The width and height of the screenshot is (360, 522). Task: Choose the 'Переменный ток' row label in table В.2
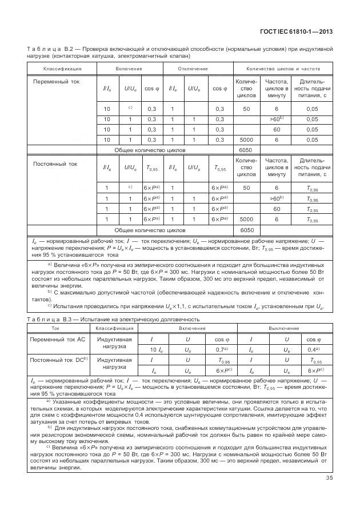tap(56, 82)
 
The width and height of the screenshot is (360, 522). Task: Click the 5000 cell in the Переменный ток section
tap(246, 140)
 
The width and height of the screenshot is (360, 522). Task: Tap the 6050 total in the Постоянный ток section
tap(246, 230)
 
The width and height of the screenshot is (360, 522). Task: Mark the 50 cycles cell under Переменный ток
tap(246, 109)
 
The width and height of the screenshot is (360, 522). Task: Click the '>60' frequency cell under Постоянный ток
tap(277, 199)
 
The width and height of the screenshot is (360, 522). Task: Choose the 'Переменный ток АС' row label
tap(57, 339)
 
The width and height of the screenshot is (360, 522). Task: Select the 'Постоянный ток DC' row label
tap(58, 360)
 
